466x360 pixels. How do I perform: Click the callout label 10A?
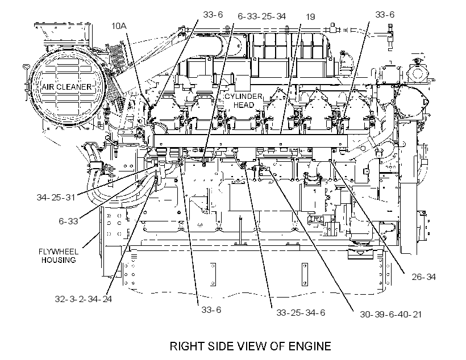point(119,26)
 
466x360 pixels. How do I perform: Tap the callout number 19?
point(310,17)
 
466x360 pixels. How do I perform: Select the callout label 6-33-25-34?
point(262,16)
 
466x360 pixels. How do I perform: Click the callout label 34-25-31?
point(56,197)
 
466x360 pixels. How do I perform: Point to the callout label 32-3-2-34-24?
point(83,299)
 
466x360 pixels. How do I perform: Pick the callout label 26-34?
point(423,277)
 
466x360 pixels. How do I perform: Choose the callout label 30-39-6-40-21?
point(391,314)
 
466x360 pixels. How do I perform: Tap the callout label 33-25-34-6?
point(301,313)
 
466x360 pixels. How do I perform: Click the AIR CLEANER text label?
point(67,87)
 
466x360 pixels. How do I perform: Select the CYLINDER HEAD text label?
point(243,101)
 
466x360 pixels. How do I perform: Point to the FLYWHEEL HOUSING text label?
point(59,256)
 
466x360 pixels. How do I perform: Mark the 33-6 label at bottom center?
point(211,310)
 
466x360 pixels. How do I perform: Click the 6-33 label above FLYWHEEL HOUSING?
point(68,221)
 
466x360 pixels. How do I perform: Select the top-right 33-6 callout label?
point(385,15)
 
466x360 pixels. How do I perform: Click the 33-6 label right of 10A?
point(213,15)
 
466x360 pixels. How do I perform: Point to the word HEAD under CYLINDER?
point(244,105)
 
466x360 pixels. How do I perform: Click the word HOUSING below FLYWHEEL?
point(59,260)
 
